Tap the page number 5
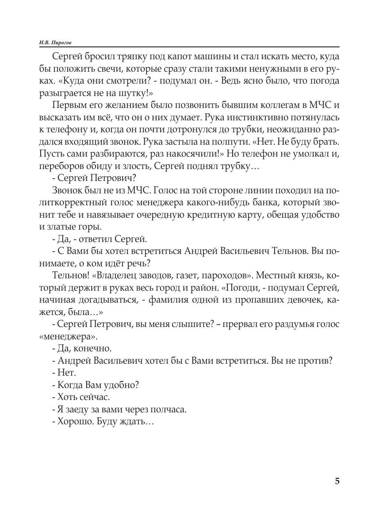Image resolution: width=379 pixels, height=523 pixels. tap(337, 481)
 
